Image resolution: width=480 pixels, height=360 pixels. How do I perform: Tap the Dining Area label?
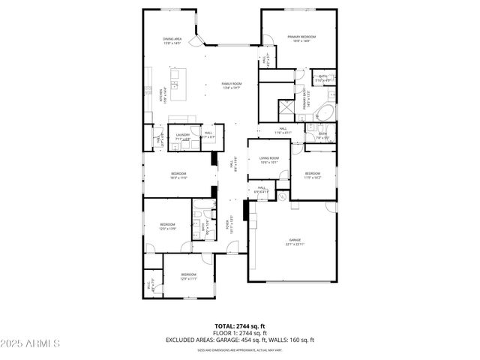pos(173,41)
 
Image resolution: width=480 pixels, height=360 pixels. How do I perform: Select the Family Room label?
pos(232,85)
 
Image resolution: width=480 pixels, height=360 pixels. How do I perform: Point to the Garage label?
pos(295,242)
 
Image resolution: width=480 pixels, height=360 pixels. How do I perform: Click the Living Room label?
pos(269,160)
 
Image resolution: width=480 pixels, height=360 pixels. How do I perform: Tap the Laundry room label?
pos(181,136)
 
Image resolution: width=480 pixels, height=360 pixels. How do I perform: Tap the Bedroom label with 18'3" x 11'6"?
pos(178,176)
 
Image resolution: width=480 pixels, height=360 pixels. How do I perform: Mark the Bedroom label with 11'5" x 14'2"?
pos(312,175)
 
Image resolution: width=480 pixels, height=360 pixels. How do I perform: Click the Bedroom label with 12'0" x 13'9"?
pos(166,226)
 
